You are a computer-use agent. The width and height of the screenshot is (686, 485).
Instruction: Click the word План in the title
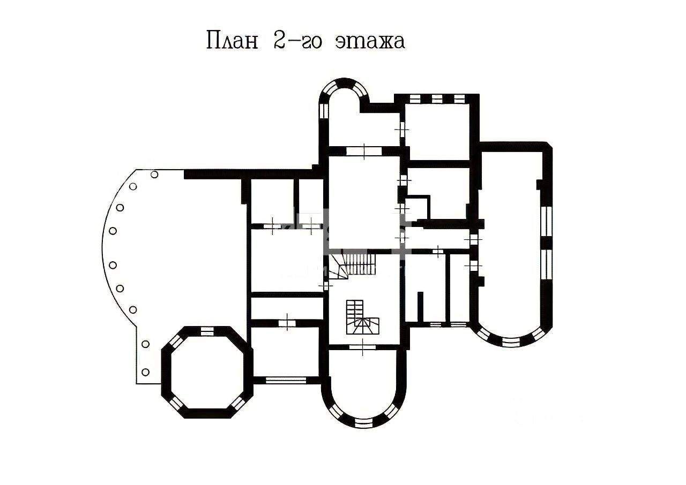tap(232, 40)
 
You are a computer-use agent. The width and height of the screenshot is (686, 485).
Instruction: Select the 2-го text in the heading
tap(297, 40)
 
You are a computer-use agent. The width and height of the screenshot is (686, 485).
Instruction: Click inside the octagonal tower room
tap(207, 372)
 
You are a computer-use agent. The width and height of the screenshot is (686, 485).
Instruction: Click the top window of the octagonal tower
tap(207, 331)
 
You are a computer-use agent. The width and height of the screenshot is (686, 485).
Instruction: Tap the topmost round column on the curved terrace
tap(154, 175)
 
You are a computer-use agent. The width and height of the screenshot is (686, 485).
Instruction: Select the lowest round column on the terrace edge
tap(145, 372)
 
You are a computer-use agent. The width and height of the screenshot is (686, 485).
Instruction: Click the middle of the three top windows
tap(437, 98)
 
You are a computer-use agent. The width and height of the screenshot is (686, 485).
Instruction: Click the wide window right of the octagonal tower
tap(286, 380)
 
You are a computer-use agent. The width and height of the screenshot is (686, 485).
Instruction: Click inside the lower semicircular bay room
tap(363, 382)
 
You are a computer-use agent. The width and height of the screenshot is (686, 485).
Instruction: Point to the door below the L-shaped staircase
tap(363, 347)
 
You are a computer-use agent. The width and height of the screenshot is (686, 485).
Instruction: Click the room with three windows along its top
tap(437, 132)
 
